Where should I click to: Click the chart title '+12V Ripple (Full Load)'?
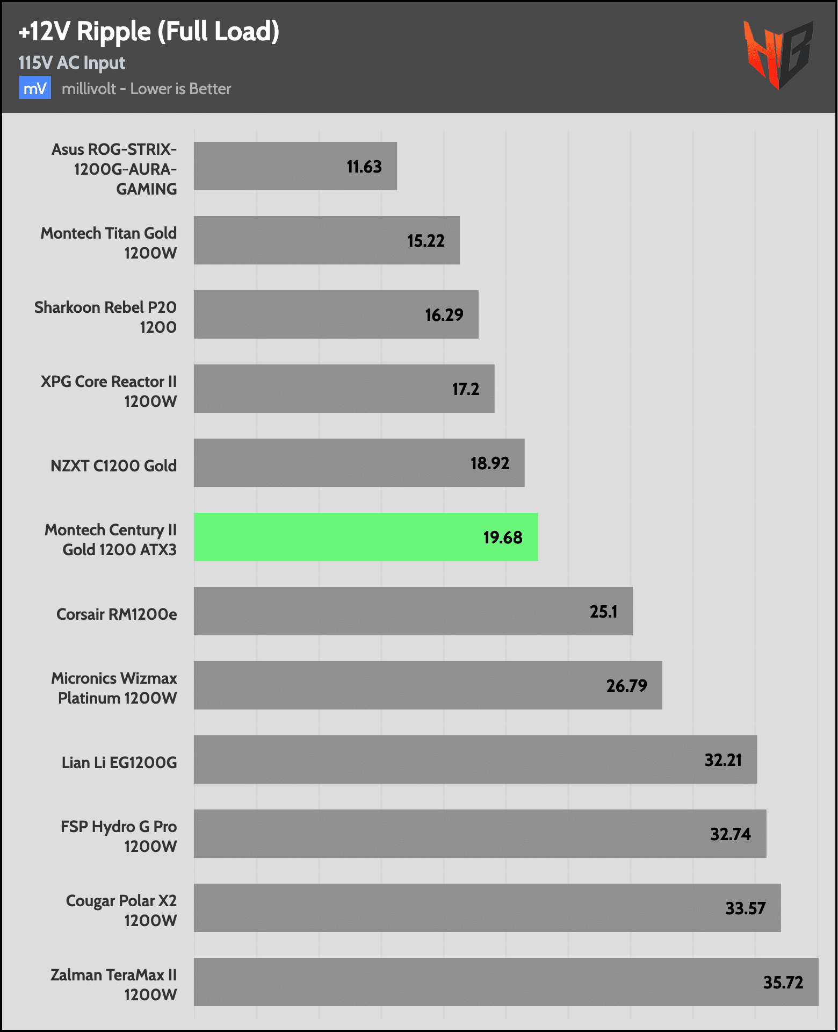pyautogui.click(x=149, y=32)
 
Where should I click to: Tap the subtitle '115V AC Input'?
pyautogui.click(x=71, y=63)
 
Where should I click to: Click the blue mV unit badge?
pyautogui.click(x=35, y=88)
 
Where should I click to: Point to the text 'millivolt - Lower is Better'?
pyautogui.click(x=146, y=89)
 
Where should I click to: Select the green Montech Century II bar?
pyautogui.click(x=365, y=537)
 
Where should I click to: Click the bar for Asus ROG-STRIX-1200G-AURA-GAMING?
pyautogui.click(x=295, y=166)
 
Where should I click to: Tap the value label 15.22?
pyautogui.click(x=425, y=241)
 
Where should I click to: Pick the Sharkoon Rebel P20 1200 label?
pyautogui.click(x=105, y=317)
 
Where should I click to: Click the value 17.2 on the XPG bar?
pyautogui.click(x=465, y=389)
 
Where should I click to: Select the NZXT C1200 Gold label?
pyautogui.click(x=113, y=465)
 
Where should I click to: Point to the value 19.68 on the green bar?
pyautogui.click(x=502, y=537)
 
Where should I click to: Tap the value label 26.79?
pyautogui.click(x=626, y=686)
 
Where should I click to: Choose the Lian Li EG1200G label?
pyautogui.click(x=119, y=762)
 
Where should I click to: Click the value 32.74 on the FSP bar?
pyautogui.click(x=730, y=834)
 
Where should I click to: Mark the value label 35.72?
pyautogui.click(x=783, y=983)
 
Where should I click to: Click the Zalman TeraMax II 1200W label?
pyautogui.click(x=113, y=985)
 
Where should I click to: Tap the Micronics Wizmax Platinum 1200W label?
pyautogui.click(x=114, y=688)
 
